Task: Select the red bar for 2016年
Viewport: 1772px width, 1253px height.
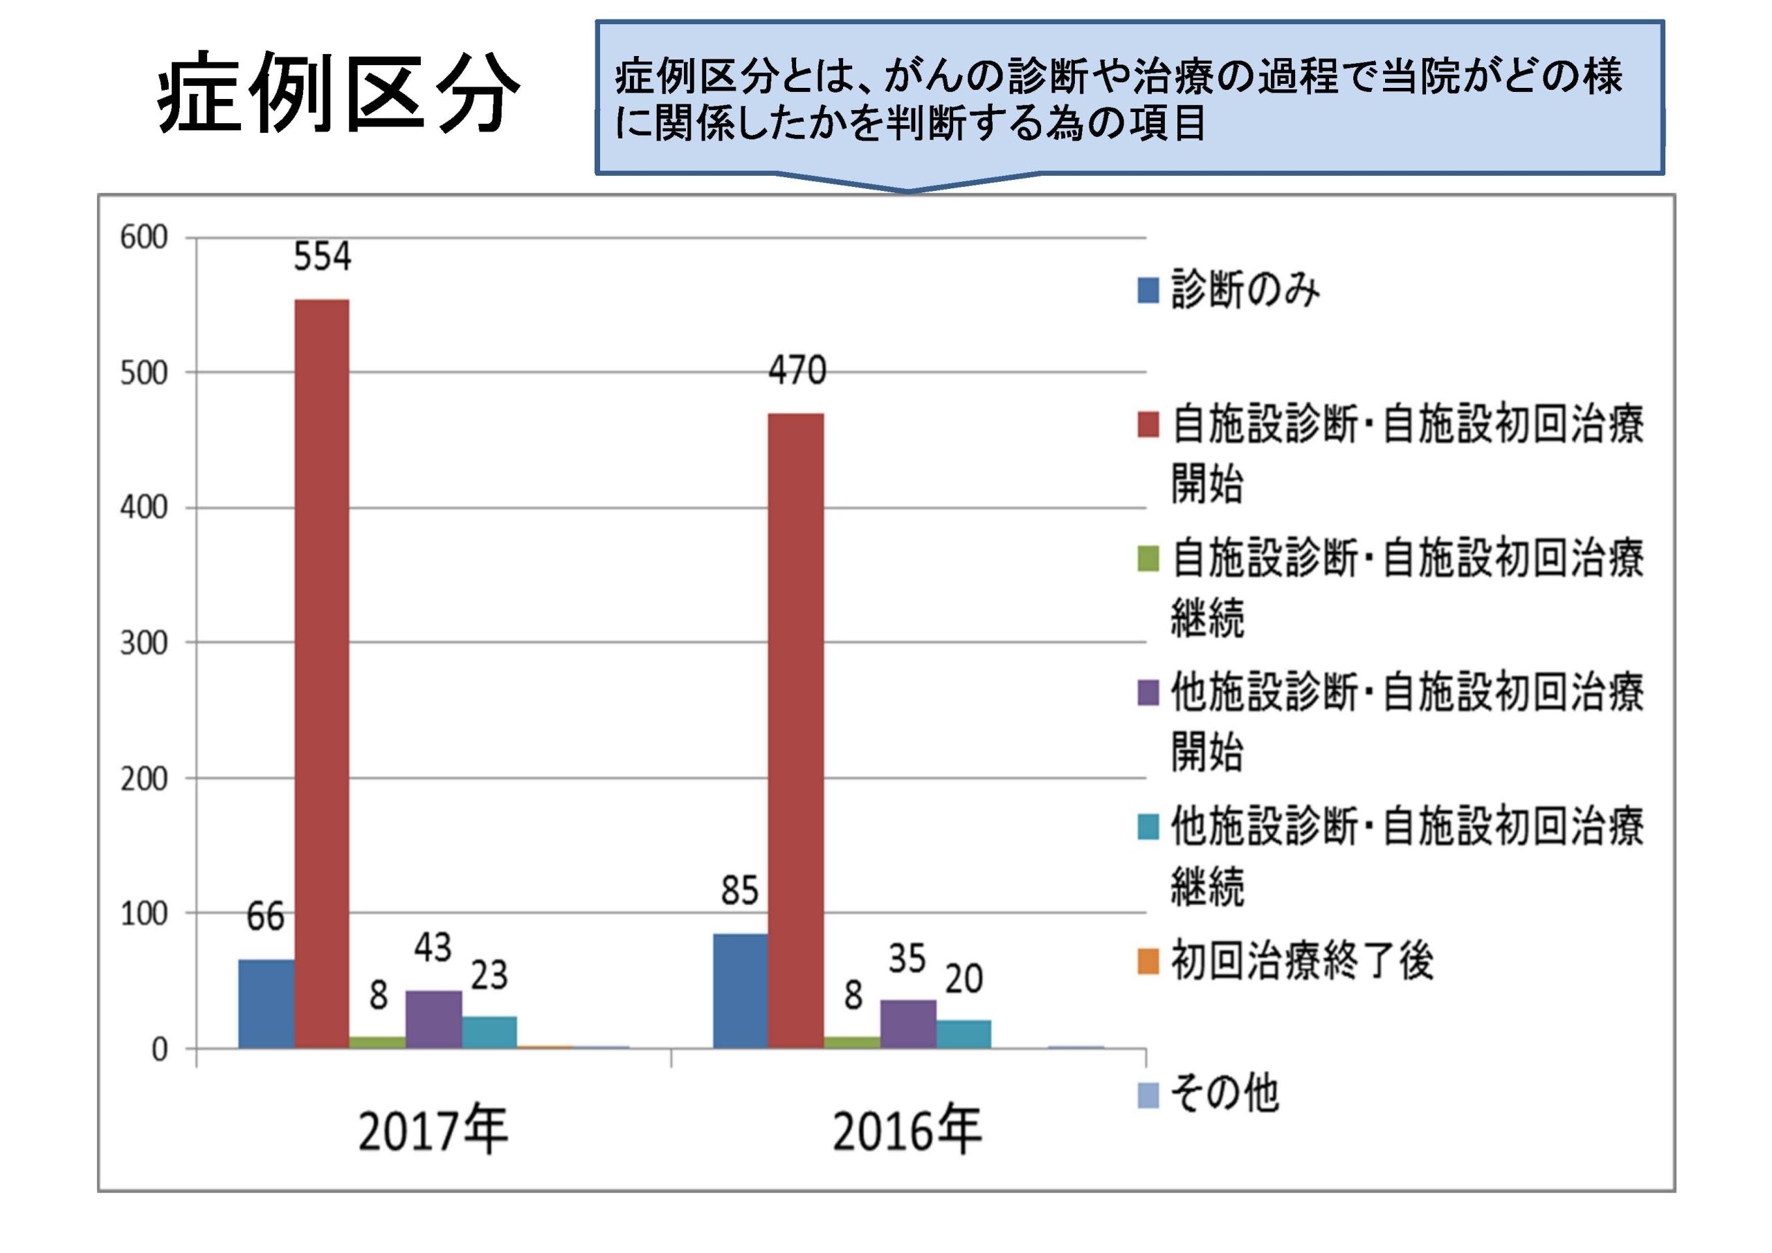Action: pos(796,730)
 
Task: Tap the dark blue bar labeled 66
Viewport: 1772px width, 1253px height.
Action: pos(266,1003)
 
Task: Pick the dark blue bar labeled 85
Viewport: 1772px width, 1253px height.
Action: pos(740,991)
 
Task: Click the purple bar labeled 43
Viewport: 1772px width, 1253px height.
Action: pos(434,1018)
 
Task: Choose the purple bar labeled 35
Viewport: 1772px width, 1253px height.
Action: pos(907,1024)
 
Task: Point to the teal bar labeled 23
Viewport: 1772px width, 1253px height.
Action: pos(489,1032)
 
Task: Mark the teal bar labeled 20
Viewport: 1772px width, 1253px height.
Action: pos(963,1034)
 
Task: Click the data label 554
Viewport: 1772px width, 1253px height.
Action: pos(322,257)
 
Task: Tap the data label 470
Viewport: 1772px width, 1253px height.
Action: pos(797,370)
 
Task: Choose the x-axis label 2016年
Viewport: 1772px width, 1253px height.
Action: pos(907,1131)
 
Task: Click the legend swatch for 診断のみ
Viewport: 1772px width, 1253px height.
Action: pos(1148,291)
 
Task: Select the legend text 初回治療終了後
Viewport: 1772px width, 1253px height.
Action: pos(1302,961)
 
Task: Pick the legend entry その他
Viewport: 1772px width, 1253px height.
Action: pos(1224,1094)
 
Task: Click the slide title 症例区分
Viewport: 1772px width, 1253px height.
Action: pos(338,93)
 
